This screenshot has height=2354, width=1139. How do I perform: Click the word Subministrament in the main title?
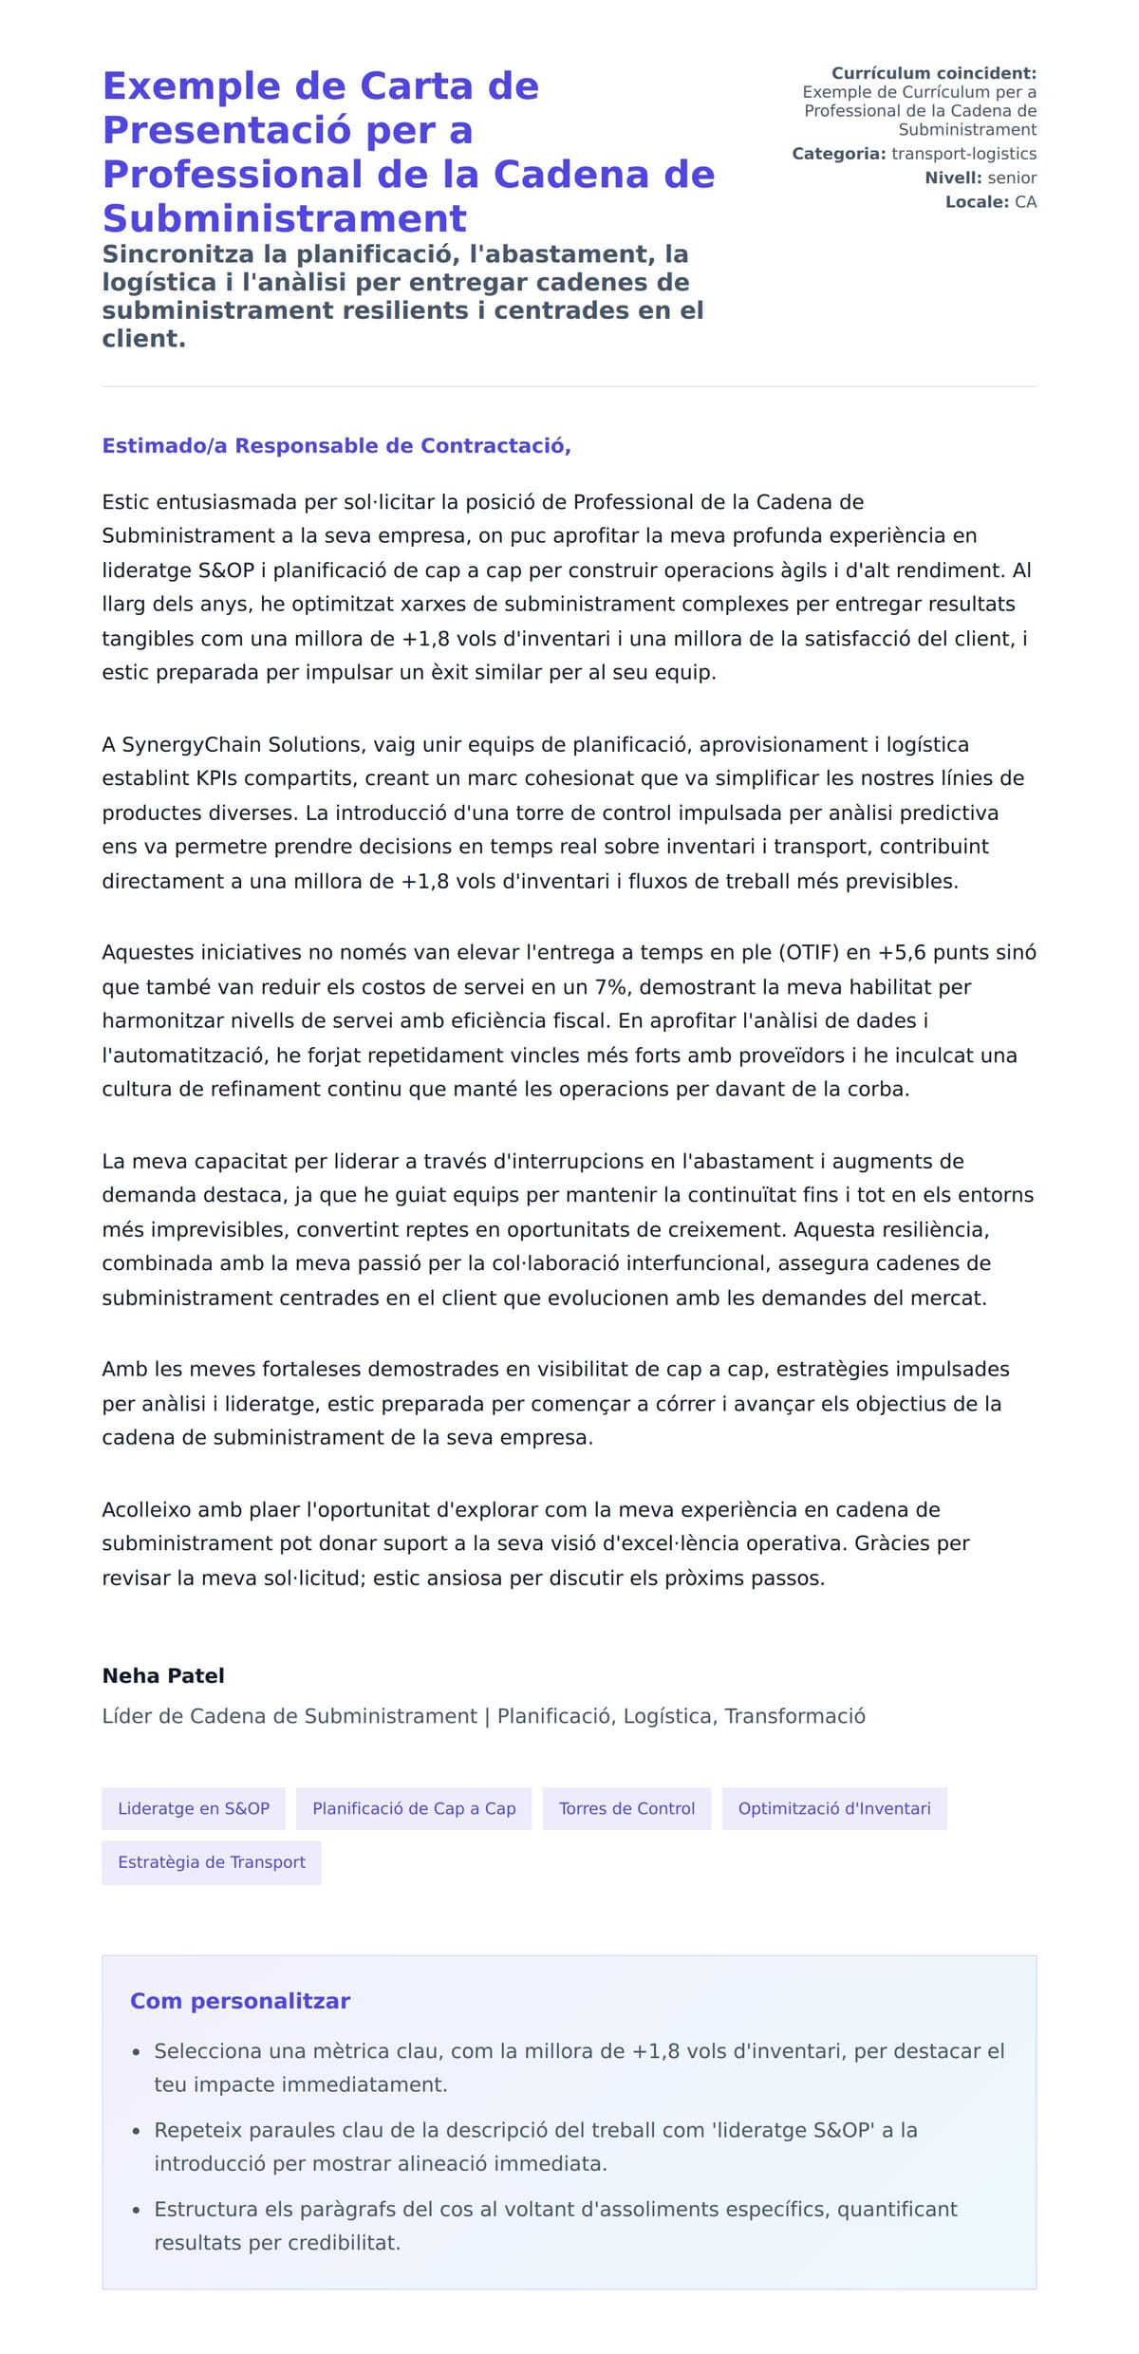coord(284,218)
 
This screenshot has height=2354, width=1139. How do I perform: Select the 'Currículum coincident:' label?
coord(933,73)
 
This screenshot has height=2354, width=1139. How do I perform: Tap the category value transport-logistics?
coord(963,154)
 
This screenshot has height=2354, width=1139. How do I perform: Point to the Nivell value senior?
coord(1012,177)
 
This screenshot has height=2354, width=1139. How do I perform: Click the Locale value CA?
coord(1025,202)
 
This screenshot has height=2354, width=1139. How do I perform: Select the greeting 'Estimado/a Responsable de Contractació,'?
coord(336,446)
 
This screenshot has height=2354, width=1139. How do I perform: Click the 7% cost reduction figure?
coord(611,987)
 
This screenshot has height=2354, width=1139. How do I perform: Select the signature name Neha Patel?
coord(163,1675)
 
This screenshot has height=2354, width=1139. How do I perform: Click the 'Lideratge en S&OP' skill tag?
coord(194,1808)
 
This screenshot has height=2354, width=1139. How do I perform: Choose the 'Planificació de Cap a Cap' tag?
coord(414,1808)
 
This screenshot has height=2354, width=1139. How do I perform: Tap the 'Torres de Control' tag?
coord(626,1808)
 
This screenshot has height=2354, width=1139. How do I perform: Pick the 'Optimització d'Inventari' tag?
coord(834,1808)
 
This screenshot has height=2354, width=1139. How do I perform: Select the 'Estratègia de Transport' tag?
coord(212,1862)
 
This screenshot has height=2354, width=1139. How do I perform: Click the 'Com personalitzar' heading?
coord(240,2001)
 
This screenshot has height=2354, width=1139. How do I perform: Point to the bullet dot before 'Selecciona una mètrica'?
coord(137,2052)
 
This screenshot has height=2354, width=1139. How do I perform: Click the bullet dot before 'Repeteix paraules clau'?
coord(137,2132)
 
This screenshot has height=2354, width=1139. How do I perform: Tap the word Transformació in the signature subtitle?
coord(794,1716)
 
